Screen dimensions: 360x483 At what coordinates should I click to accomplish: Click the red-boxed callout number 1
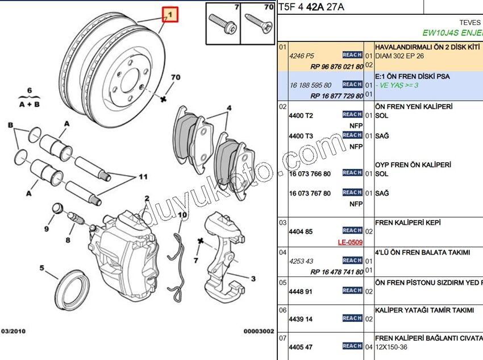[170, 14]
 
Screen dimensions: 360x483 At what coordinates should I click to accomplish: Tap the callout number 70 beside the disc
[175, 77]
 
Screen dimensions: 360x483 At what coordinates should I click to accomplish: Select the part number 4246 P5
[301, 56]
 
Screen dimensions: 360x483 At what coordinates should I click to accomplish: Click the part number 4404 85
[301, 232]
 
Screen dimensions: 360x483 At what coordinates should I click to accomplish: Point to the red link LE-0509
[350, 242]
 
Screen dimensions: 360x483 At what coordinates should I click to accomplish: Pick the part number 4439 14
[301, 320]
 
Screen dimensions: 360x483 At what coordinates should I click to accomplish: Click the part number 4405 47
[301, 347]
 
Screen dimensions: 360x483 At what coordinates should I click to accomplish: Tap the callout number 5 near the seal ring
[41, 268]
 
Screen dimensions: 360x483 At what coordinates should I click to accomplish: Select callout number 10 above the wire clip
[182, 215]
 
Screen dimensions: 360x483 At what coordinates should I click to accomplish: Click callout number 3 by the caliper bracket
[253, 279]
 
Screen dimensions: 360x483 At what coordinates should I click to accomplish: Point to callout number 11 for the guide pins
[143, 177]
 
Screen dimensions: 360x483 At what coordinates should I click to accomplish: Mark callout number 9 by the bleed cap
[47, 229]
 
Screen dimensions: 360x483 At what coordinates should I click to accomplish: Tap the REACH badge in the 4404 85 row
[352, 230]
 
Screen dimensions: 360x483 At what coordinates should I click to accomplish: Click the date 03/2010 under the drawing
[13, 330]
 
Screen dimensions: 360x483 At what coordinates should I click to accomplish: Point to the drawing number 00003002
[259, 330]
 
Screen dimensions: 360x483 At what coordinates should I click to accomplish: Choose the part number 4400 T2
[301, 115]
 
